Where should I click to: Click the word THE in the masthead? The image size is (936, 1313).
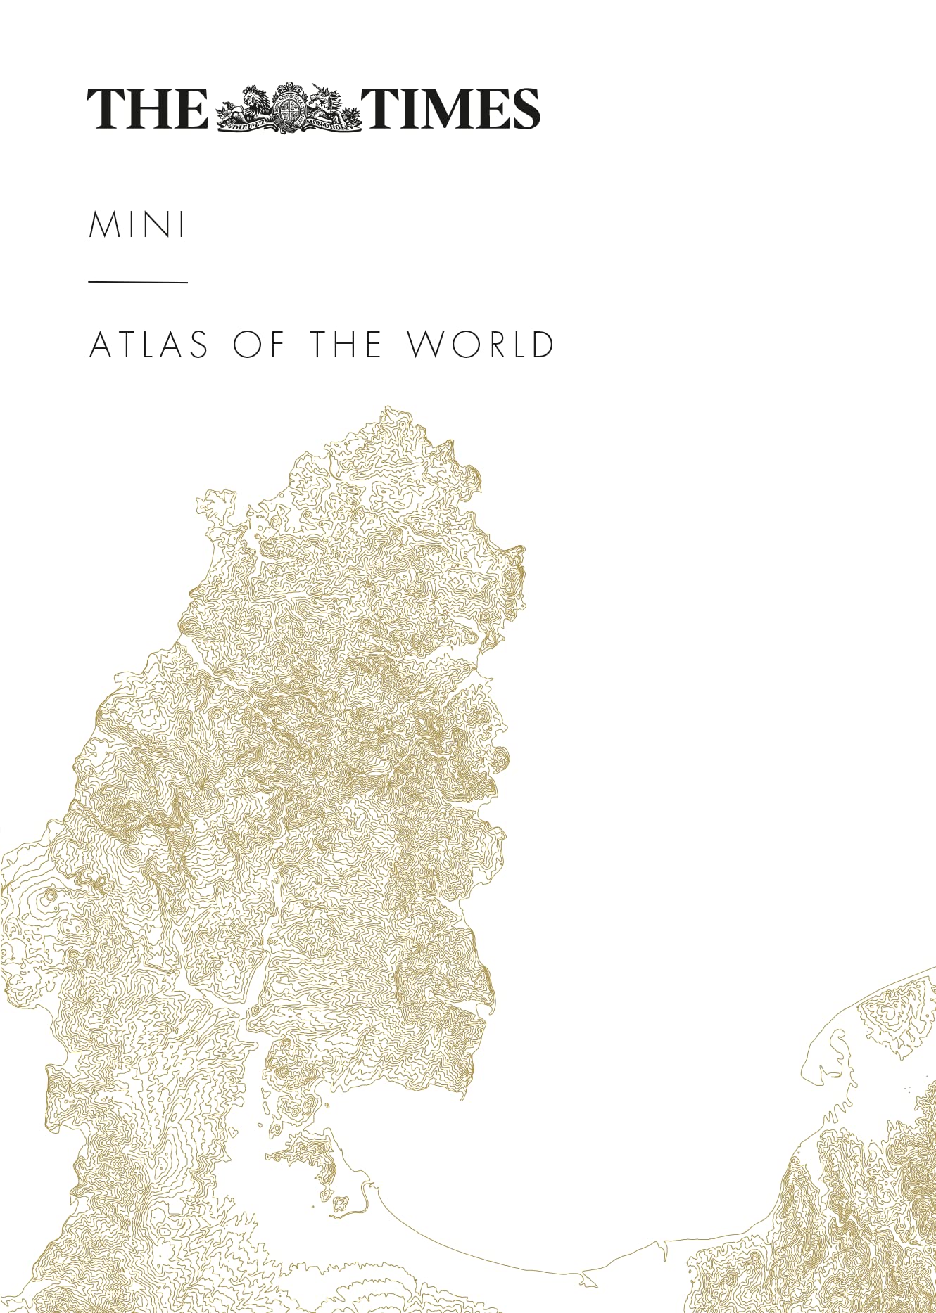[147, 108]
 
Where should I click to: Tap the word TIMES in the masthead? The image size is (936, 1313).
[451, 108]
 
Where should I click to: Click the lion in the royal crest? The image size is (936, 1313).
[250, 103]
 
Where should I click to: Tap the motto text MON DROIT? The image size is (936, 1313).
[330, 126]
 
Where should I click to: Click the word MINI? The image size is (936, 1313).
[138, 225]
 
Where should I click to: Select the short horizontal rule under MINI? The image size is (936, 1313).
[138, 282]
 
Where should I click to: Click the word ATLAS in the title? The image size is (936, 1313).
[149, 345]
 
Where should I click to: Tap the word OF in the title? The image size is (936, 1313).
[258, 345]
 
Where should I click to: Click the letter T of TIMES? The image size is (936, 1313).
[379, 108]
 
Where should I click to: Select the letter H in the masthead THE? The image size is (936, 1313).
[148, 108]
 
